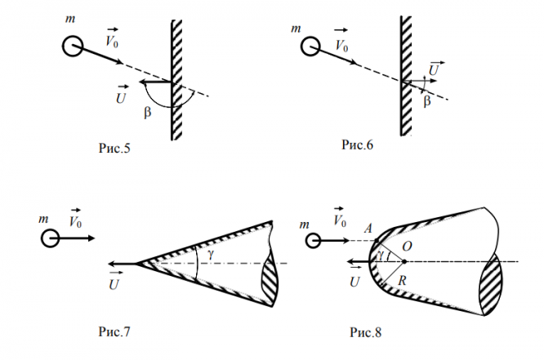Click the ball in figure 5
pyautogui.click(x=73, y=46)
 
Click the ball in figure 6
pyautogui.click(x=310, y=47)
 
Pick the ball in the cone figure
pyautogui.click(x=51, y=238)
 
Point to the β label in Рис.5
pyautogui.click(x=147, y=113)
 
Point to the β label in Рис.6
pyautogui.click(x=426, y=101)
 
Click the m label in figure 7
pyautogui.click(x=43, y=220)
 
